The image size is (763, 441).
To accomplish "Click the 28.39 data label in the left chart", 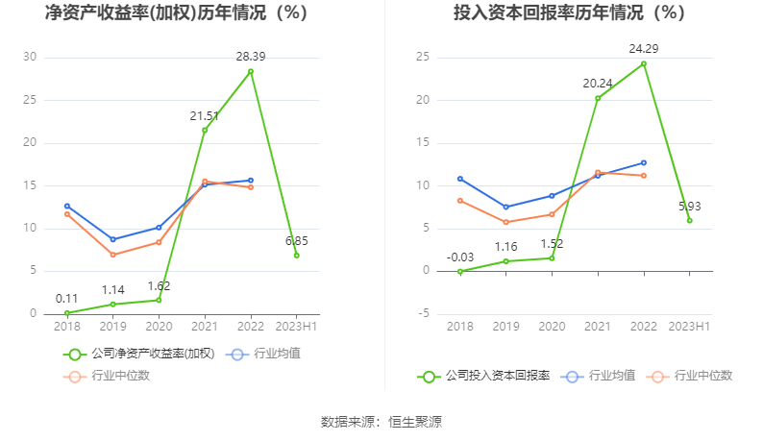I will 251,57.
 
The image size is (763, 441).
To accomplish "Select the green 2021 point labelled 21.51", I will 205,130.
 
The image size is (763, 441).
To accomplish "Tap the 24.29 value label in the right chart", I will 644,48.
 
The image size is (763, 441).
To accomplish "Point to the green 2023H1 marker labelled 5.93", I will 689,220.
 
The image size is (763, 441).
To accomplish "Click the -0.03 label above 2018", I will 459,257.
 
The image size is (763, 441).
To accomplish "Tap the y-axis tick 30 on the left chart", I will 30,58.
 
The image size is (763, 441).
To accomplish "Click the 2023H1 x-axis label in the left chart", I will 297,327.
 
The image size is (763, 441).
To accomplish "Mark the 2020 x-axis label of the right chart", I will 552,327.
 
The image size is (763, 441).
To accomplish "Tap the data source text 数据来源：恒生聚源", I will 381,422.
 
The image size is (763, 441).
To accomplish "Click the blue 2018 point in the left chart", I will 67,206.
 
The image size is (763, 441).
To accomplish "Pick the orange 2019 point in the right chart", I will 505,222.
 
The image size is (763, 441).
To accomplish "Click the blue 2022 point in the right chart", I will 643,162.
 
